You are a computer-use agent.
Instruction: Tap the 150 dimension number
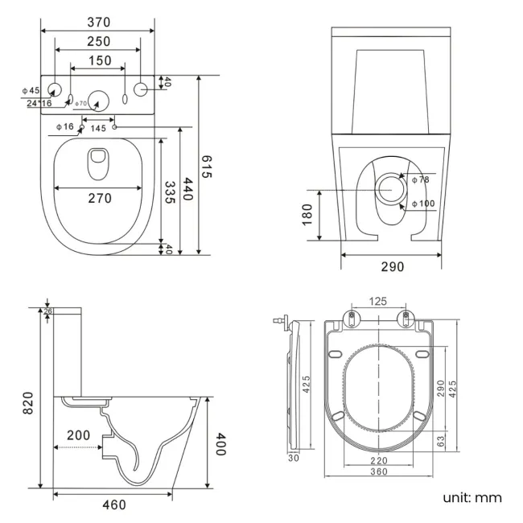pos(99,61)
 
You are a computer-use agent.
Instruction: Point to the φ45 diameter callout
pos(30,90)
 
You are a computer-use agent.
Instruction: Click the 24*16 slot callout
pos(39,103)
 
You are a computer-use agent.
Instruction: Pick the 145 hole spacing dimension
pos(98,128)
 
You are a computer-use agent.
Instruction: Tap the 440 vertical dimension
pos(188,190)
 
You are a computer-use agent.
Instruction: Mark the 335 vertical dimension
pos(170,194)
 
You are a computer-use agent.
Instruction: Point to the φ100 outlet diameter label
pos(423,204)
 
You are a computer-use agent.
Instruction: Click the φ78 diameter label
pos(420,179)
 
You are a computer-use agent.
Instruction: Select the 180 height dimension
pos(307,215)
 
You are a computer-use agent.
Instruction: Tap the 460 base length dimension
pos(114,504)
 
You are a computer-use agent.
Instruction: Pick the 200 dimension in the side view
pos(78,435)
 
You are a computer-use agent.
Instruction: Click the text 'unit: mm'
pos(472,497)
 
